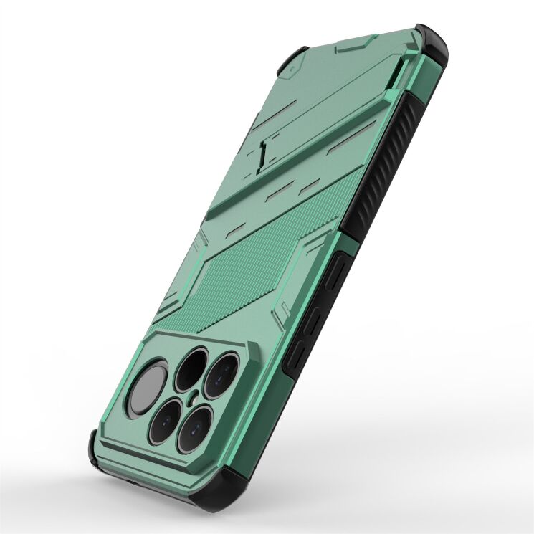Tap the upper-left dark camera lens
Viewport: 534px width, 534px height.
click(191, 366)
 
